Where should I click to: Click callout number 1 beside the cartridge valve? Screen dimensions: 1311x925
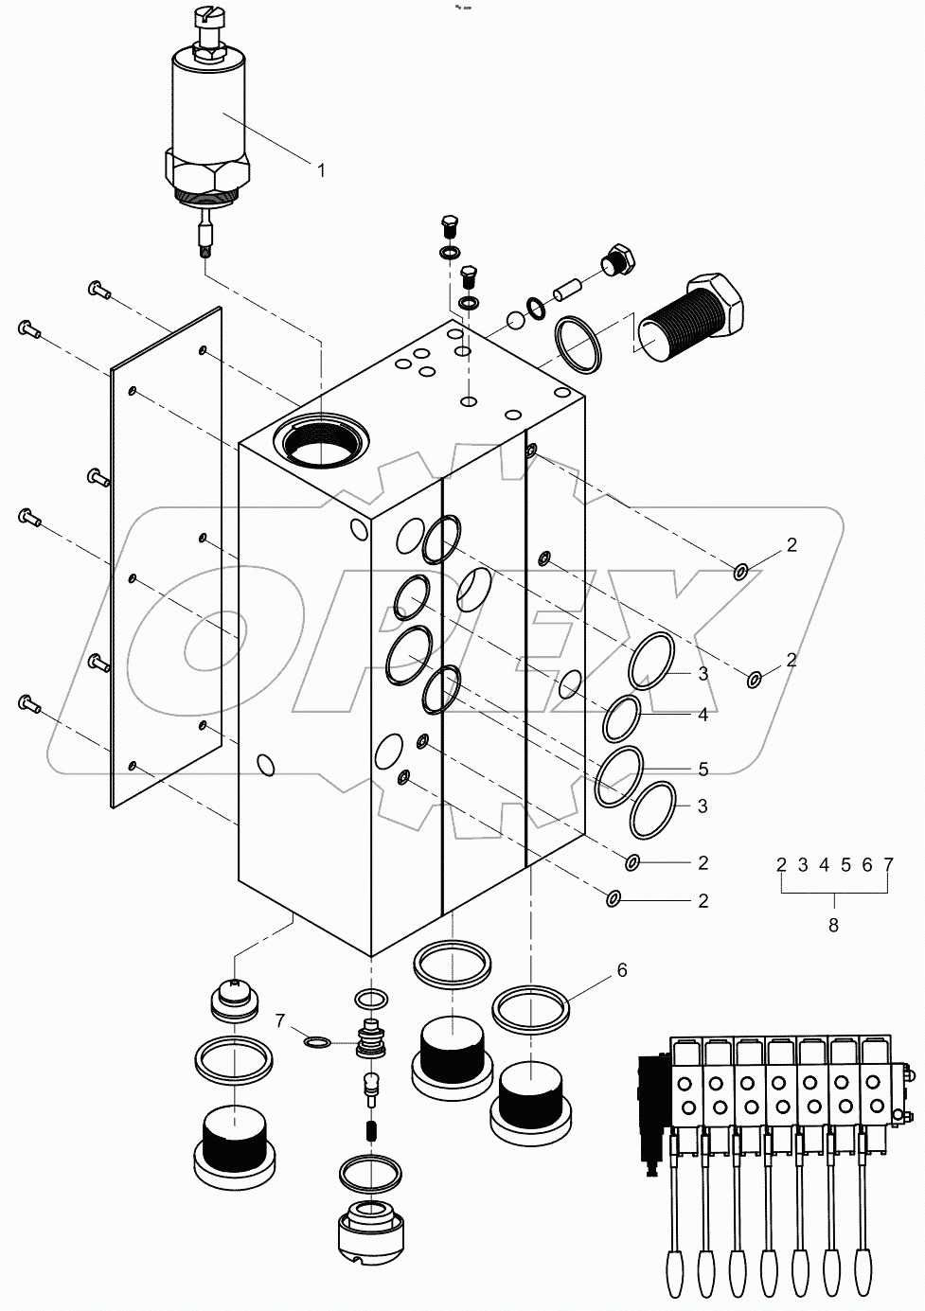[320, 170]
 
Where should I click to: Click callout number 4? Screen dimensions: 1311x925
[703, 716]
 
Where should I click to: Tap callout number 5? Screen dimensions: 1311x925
[703, 769]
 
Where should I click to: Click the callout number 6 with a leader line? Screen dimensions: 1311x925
[621, 970]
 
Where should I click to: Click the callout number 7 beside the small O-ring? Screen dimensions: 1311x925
[279, 1019]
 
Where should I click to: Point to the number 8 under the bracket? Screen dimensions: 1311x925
[833, 926]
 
